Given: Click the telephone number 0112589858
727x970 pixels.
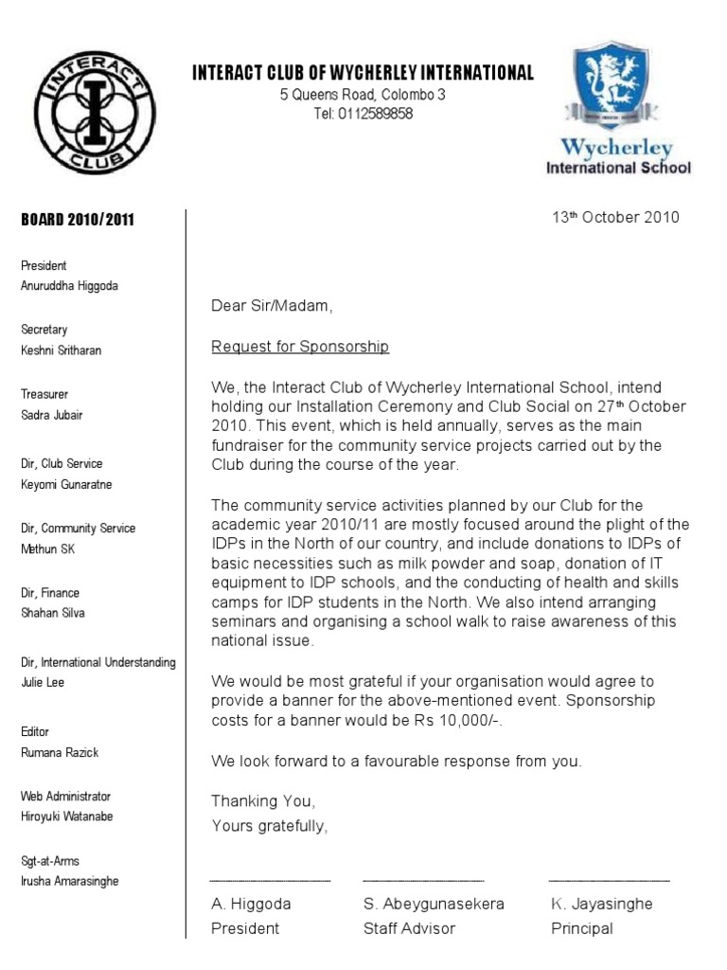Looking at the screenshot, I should click(378, 115).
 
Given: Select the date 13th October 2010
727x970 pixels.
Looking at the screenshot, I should click(615, 217).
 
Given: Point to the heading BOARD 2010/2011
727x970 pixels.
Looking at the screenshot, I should click(78, 220).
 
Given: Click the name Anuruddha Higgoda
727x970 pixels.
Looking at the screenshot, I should click(69, 286).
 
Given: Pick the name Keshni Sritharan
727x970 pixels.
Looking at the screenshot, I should click(61, 350).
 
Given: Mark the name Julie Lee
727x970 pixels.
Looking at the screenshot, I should click(43, 682).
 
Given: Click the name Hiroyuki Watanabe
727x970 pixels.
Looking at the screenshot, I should click(66, 817).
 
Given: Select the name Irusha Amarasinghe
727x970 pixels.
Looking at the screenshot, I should click(69, 881).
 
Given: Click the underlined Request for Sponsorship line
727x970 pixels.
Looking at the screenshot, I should click(300, 347).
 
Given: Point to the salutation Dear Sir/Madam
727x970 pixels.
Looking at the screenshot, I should click(273, 306).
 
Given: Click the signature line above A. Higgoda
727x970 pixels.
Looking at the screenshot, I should click(271, 881).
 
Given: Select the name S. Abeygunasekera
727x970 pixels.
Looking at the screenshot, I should click(434, 904).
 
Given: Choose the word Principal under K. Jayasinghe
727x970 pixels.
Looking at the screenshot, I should click(582, 928).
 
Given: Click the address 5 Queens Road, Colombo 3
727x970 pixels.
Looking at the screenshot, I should click(363, 95).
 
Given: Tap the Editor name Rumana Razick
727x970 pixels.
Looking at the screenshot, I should click(60, 752).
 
